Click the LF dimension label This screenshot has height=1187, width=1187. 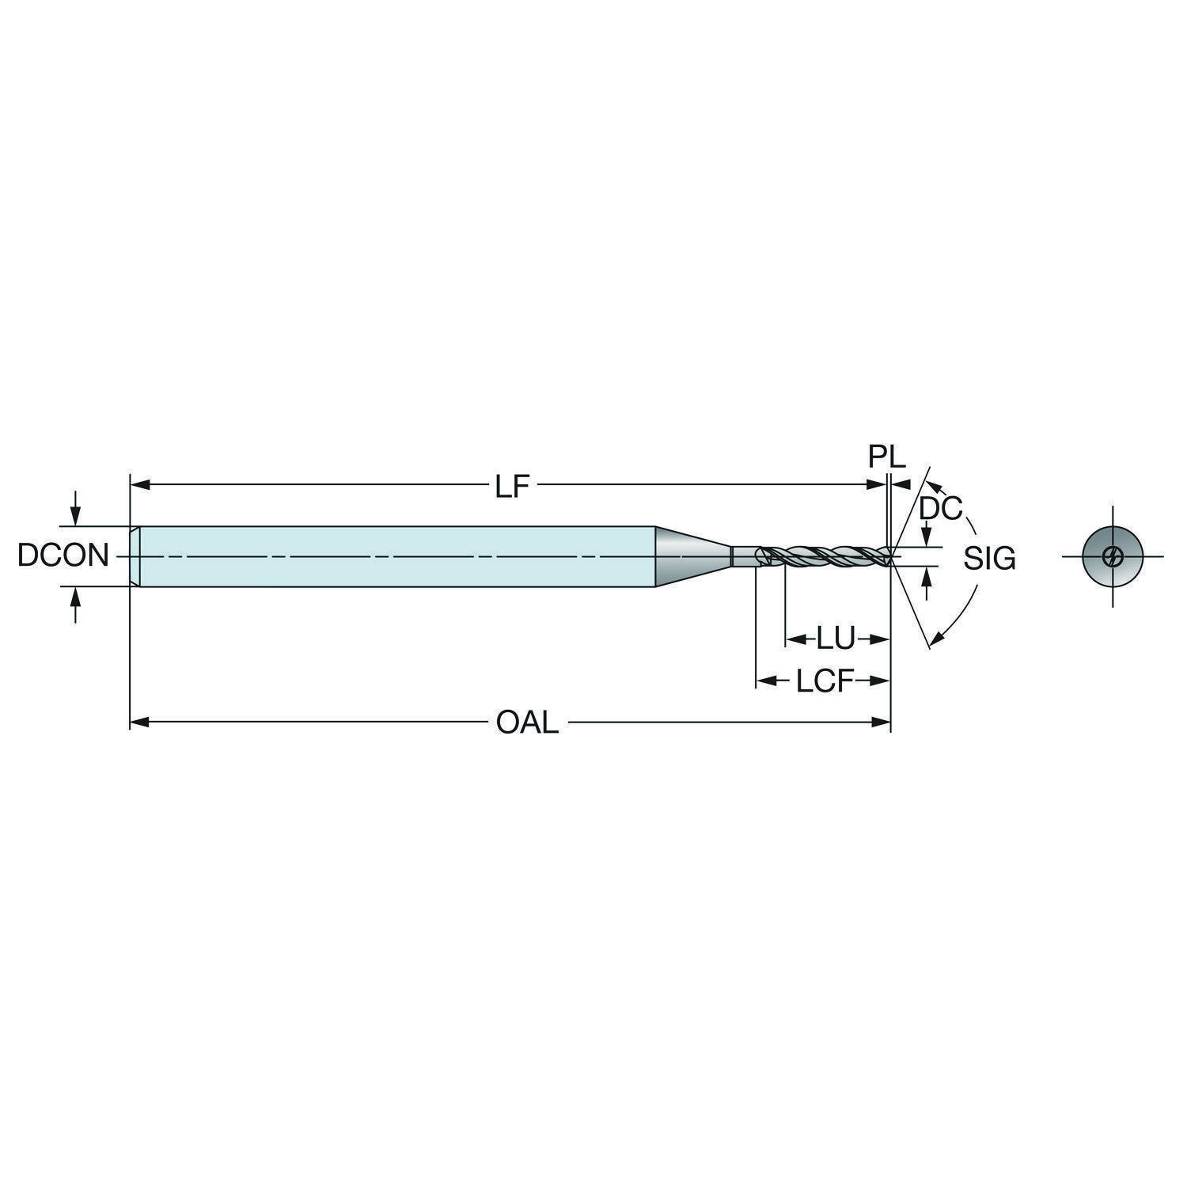511,487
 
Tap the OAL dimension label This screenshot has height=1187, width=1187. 527,722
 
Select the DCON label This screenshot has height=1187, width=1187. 63,556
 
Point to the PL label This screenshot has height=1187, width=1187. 886,457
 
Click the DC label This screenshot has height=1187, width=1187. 940,509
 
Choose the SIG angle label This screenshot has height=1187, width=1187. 989,559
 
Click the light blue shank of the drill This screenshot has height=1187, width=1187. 396,556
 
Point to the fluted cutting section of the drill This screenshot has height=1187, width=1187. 823,556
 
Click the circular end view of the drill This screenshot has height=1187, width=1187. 1113,556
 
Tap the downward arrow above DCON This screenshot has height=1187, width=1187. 75,507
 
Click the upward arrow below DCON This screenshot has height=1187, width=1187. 75,605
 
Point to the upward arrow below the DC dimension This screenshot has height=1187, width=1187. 927,584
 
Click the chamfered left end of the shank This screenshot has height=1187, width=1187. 135,556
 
